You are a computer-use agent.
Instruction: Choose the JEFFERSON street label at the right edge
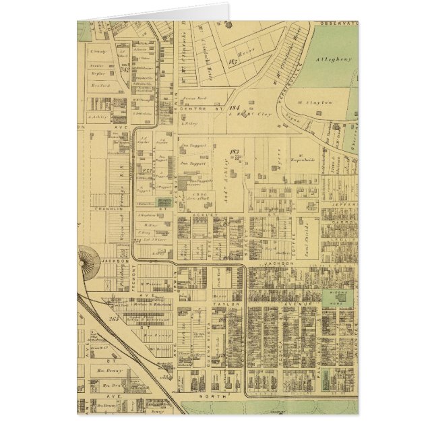tap(343, 200)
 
